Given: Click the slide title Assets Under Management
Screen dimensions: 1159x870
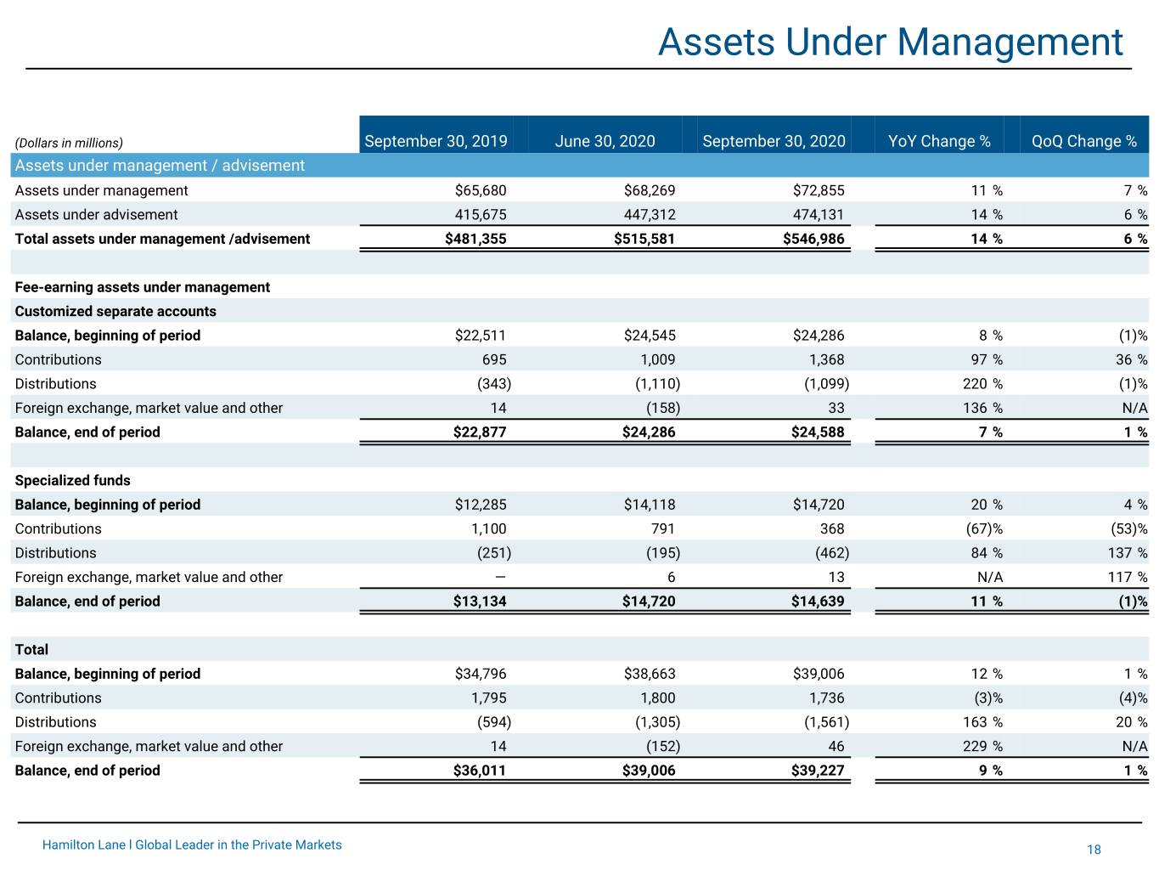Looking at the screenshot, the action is pyautogui.click(x=890, y=42).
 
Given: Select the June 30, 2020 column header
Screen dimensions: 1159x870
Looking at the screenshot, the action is pyautogui.click(x=605, y=141).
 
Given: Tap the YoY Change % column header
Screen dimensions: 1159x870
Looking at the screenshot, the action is pyautogui.click(x=939, y=141).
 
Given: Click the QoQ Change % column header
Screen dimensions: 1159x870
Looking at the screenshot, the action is pyautogui.click(x=1083, y=141).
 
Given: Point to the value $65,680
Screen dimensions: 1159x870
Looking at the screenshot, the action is pyautogui.click(x=480, y=190).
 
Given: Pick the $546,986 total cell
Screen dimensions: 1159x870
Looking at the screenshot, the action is pyautogui.click(x=813, y=239).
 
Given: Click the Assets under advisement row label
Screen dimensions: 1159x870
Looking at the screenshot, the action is pyautogui.click(x=96, y=214).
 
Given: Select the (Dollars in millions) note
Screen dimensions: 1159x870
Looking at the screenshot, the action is pyautogui.click(x=69, y=143).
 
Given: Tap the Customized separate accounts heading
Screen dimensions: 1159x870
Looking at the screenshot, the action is pyautogui.click(x=115, y=311).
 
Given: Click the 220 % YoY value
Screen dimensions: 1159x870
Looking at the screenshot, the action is pyautogui.click(x=982, y=383).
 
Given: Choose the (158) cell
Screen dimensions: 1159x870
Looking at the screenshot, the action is pyautogui.click(x=663, y=408).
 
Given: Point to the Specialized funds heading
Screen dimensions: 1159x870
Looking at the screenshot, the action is pyautogui.click(x=72, y=480).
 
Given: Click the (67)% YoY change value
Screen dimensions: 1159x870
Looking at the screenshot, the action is pyautogui.click(x=984, y=528).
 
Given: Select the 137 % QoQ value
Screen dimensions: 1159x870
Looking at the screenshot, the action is pyautogui.click(x=1128, y=552).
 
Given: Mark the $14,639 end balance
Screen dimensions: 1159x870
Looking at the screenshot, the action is pyautogui.click(x=818, y=602).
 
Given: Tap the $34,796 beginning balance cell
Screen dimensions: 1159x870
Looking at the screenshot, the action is pyautogui.click(x=480, y=674).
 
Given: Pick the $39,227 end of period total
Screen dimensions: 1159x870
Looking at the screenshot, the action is pyautogui.click(x=818, y=770).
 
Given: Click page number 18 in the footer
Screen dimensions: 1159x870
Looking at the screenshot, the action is pyautogui.click(x=1094, y=850).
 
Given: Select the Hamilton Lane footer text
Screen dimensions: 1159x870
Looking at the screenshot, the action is pyautogui.click(x=192, y=845).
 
